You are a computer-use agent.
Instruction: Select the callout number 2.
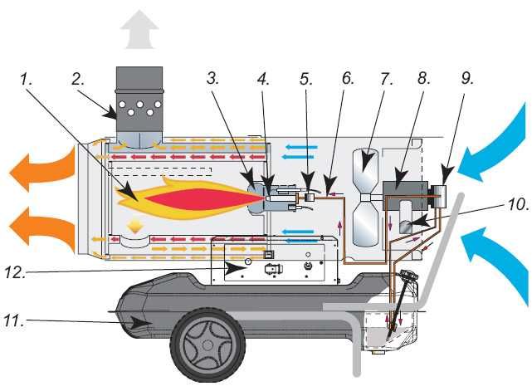point(79,81)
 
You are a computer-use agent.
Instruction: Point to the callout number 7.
point(386,81)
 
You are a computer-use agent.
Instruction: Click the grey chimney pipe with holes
point(139,108)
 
